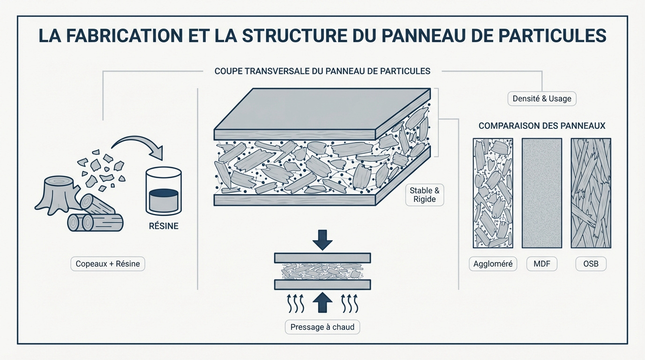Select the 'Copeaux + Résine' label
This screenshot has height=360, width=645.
108,264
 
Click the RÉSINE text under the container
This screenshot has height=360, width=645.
163,226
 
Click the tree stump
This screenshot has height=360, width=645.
56,192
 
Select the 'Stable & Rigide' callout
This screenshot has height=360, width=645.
424,195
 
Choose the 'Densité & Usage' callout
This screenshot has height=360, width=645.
542,99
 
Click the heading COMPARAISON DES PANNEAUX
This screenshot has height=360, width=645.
542,126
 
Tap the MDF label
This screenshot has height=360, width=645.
542,264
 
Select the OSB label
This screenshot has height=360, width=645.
591,264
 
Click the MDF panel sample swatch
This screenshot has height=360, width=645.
542,193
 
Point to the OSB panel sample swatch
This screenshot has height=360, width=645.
591,193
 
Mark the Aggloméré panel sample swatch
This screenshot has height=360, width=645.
493,193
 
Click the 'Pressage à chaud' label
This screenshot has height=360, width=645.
322,327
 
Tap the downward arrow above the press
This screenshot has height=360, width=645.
322,239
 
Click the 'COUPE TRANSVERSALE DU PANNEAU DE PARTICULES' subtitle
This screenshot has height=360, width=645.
322,71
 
